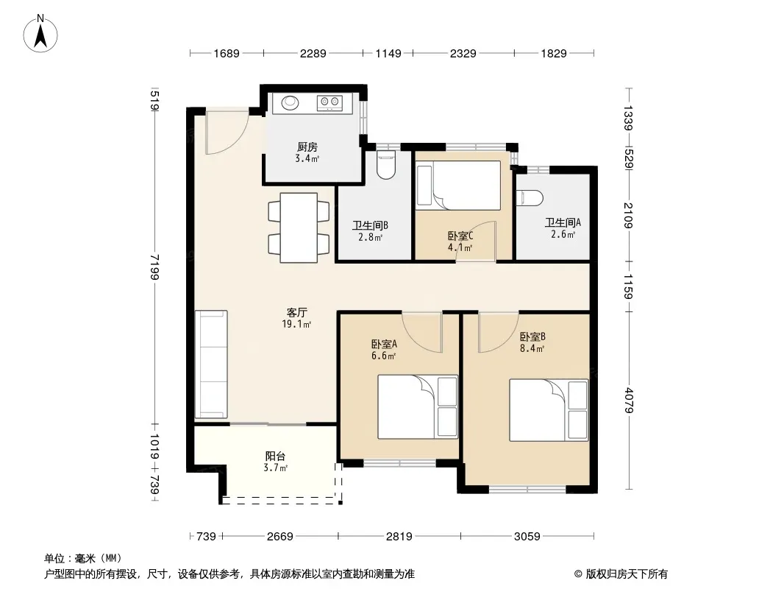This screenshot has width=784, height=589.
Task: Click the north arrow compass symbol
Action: (40, 34)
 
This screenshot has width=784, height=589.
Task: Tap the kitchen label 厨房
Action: (307, 147)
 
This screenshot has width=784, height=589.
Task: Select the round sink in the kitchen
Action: (290, 102)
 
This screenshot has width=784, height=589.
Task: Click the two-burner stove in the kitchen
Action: (329, 103)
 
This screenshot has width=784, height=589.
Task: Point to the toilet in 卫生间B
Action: (385, 165)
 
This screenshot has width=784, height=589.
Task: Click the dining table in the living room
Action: (299, 228)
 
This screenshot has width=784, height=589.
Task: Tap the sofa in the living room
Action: (211, 364)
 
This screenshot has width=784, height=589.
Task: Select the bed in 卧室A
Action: (418, 407)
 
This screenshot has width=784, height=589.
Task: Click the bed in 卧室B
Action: (549, 410)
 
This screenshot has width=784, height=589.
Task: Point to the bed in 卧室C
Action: (458, 185)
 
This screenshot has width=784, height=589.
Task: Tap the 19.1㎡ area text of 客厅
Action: (296, 324)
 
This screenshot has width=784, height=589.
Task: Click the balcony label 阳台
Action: (275, 456)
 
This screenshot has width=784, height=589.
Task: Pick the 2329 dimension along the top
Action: (463, 53)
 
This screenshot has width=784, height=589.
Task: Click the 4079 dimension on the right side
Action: (629, 401)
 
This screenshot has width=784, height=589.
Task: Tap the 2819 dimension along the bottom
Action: (399, 537)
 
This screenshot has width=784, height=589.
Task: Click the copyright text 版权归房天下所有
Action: (627, 574)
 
